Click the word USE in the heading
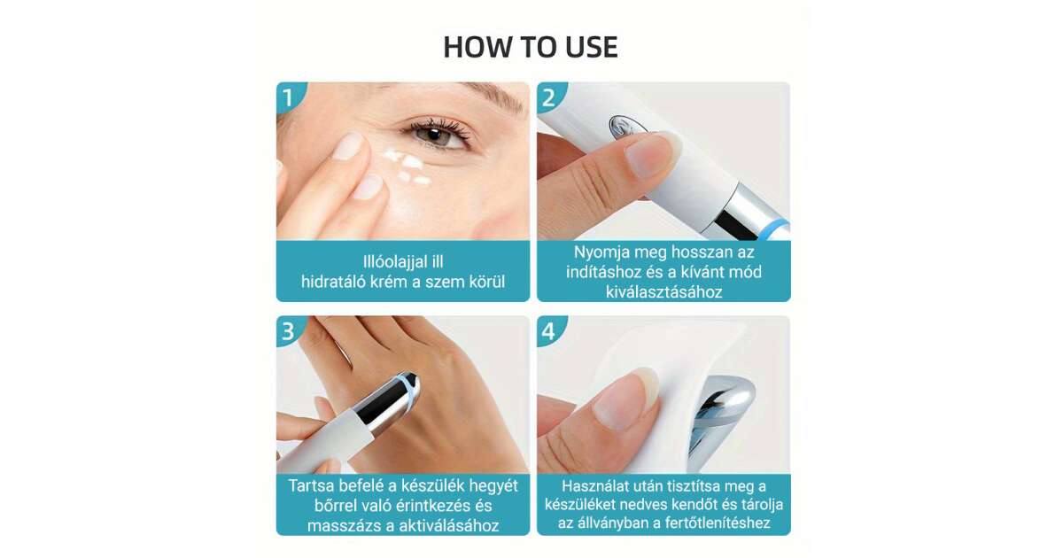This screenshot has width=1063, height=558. [592, 47]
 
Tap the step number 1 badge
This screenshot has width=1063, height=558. [289, 97]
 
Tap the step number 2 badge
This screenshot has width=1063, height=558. [549, 97]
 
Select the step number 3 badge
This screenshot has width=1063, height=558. [289, 331]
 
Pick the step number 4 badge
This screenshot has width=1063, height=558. [549, 331]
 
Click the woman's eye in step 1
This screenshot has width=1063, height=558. [435, 134]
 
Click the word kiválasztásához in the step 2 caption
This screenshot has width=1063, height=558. [663, 291]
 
